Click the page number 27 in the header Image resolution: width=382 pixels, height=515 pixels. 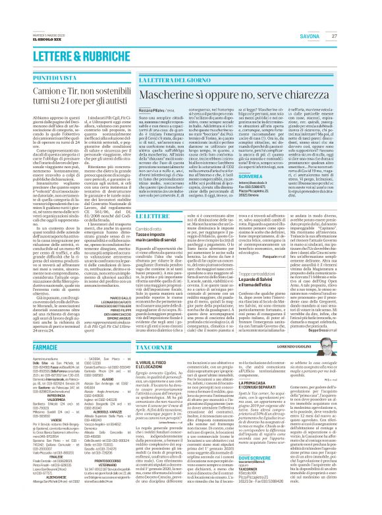(x=370, y=18)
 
